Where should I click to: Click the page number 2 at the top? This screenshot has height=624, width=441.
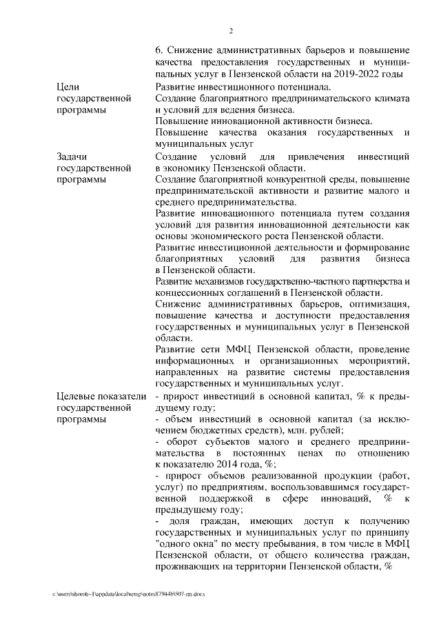(230, 31)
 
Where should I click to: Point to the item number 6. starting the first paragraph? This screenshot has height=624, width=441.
(160, 50)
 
